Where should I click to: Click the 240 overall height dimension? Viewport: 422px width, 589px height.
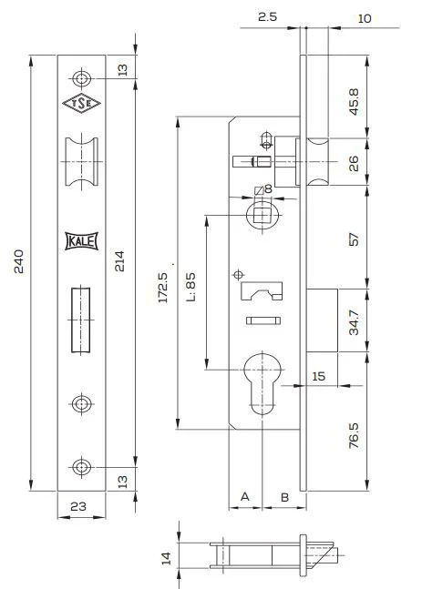point(18,261)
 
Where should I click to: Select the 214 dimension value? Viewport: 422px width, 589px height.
point(119,261)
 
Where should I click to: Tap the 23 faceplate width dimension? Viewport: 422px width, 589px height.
point(78,506)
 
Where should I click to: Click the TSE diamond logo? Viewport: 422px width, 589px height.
point(81,103)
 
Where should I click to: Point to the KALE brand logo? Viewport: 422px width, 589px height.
point(81,240)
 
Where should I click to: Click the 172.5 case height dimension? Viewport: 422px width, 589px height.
point(163,288)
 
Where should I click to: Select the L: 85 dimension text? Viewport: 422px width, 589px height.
point(190,287)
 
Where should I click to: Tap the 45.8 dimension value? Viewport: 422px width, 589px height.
point(354,102)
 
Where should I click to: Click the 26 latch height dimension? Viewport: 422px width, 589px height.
point(354,163)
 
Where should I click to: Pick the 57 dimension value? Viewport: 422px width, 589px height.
point(354,239)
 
